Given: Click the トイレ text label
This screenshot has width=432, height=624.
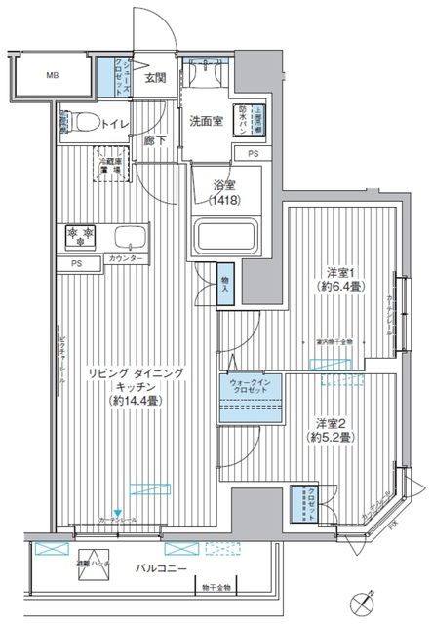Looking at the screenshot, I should click(116, 125).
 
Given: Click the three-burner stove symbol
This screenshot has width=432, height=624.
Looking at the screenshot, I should click(79, 237).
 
